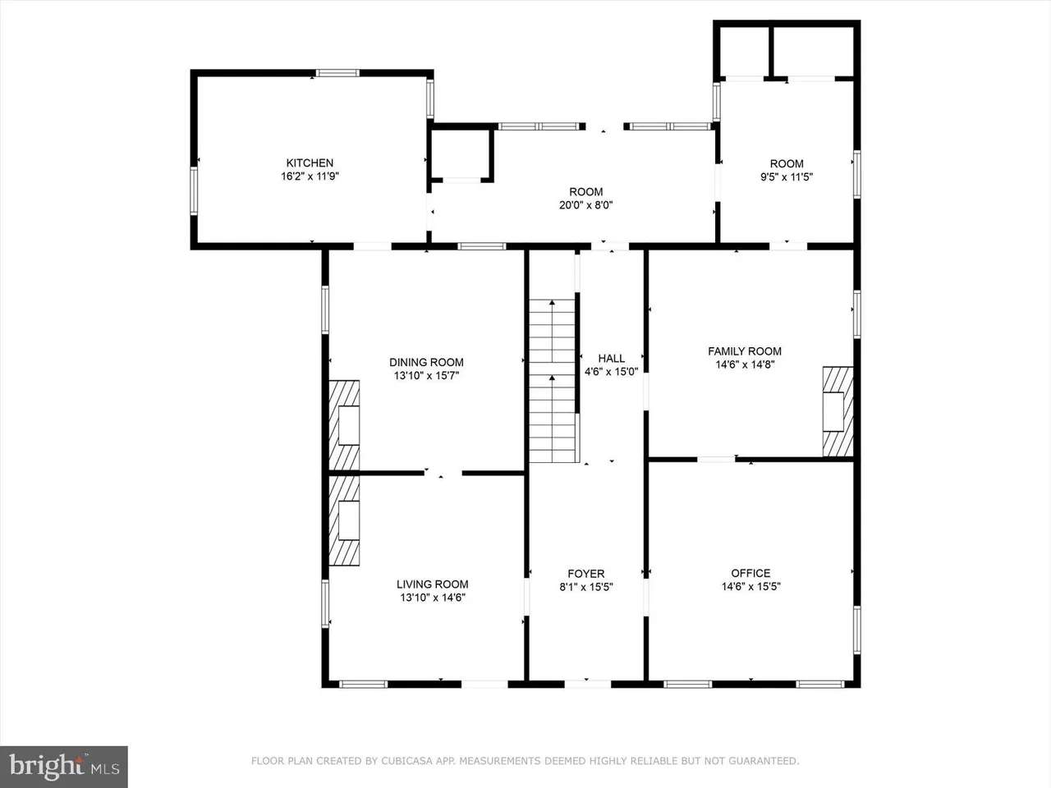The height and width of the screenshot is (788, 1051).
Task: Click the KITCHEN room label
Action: tap(310, 163)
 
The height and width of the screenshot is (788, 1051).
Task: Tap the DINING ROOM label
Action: tap(426, 362)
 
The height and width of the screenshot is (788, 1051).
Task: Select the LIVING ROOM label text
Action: tap(433, 584)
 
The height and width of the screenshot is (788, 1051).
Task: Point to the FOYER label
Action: tap(586, 574)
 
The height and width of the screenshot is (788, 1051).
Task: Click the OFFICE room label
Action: tap(750, 573)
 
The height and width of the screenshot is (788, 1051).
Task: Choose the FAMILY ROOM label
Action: tap(745, 351)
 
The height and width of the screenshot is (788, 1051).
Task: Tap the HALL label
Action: tap(612, 358)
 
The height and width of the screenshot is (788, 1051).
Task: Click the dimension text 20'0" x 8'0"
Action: tap(586, 205)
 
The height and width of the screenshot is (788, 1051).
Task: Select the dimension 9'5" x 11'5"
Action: tap(787, 177)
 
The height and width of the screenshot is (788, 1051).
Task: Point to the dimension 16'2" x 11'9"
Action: tap(310, 176)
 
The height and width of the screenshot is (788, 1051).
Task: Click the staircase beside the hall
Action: tap(552, 381)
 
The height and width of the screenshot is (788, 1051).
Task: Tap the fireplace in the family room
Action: tap(838, 411)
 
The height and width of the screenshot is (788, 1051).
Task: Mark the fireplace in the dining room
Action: tap(344, 425)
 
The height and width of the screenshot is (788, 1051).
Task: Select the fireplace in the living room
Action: tap(344, 520)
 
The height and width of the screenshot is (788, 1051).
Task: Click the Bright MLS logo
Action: tap(64, 767)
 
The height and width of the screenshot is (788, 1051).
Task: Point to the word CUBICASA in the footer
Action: tap(410, 761)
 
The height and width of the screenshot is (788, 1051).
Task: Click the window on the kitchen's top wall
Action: tap(337, 73)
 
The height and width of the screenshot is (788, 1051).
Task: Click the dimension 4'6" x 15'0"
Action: tap(612, 371)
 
